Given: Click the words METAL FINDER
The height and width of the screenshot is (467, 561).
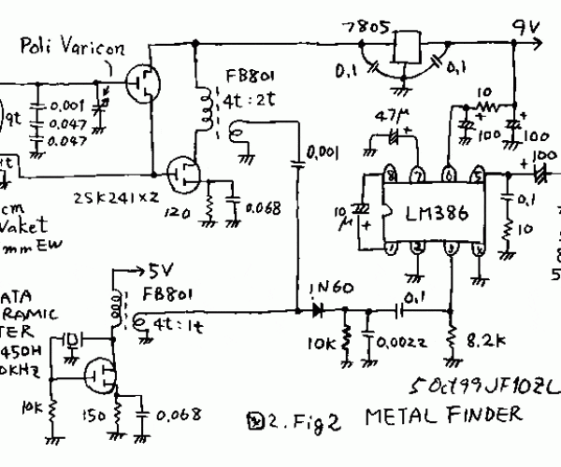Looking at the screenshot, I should tap(444, 415).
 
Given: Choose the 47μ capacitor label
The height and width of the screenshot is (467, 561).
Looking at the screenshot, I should tap(385, 117).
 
